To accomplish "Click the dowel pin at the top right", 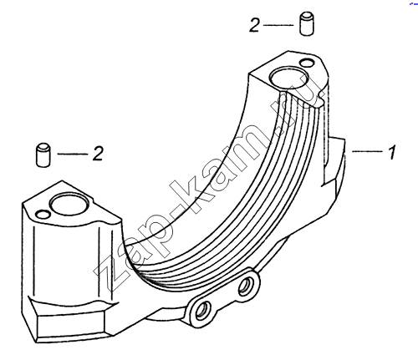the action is [307, 23].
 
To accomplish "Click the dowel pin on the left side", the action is [43, 155].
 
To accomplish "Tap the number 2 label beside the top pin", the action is [254, 25].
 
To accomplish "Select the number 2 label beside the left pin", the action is [98, 153].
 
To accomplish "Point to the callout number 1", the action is [392, 152].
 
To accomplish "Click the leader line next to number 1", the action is [368, 151].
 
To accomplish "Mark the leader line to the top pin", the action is [278, 25].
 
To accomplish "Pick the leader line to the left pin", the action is [73, 154].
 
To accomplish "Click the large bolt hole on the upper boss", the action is [289, 78].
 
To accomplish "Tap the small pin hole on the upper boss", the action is [307, 63].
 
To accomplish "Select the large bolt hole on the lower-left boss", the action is [70, 204].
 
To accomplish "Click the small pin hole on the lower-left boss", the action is [43, 214].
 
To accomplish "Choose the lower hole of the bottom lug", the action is [201, 311].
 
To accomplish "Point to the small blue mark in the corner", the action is [414, 3].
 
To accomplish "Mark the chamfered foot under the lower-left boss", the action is [69, 320].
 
